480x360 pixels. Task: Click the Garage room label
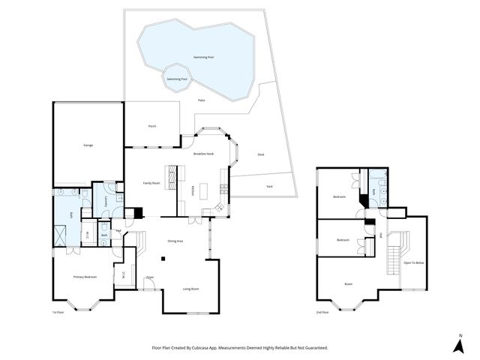point(88,145)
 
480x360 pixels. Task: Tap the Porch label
point(151,126)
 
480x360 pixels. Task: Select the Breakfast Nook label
point(203,154)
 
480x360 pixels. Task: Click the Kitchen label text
point(193,190)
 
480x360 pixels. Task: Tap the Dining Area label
point(175,241)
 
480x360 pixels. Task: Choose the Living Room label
point(191,289)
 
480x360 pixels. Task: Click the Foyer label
point(150,277)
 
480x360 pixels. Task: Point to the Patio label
point(202,100)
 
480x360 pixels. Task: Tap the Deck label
point(261,154)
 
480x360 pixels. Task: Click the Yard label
point(269,186)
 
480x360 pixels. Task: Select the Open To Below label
point(413,262)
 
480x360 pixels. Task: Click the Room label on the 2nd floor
point(348,284)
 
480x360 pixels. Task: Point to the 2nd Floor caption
point(322,311)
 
